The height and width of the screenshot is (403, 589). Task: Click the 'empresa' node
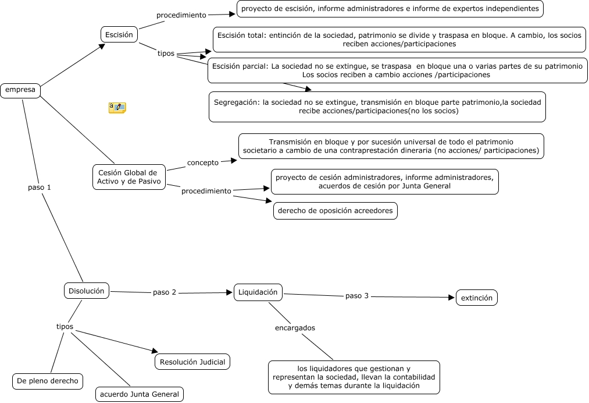pos(20,90)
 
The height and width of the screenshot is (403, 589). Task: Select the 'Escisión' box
pos(119,34)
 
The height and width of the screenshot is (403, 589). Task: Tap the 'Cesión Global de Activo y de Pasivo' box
pos(128,177)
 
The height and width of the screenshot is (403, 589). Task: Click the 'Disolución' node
pos(86,290)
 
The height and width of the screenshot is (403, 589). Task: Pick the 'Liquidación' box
pos(258,292)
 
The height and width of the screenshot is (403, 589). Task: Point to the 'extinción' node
pos(476,298)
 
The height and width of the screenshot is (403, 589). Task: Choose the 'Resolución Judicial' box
pos(192,362)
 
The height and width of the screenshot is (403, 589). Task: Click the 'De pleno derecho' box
pos(48,381)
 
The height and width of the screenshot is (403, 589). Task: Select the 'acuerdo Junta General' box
pos(140,394)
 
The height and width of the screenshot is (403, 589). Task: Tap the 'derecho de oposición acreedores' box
pos(335,211)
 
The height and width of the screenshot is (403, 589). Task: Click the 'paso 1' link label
pos(40,188)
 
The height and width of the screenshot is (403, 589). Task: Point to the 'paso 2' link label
pos(165,292)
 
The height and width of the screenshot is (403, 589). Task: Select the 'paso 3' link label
pos(357,296)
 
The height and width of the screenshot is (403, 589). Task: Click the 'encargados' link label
pos(295,328)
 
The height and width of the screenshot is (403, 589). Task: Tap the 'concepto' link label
pos(203,162)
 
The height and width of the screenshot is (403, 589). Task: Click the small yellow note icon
pos(117,107)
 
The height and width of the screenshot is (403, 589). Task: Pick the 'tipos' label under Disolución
pos(65,327)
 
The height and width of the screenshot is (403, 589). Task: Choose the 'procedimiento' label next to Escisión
pos(181,15)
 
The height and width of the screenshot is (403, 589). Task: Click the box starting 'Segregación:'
pos(377,107)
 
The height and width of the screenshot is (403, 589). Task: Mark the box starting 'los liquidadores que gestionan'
pos(354,377)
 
